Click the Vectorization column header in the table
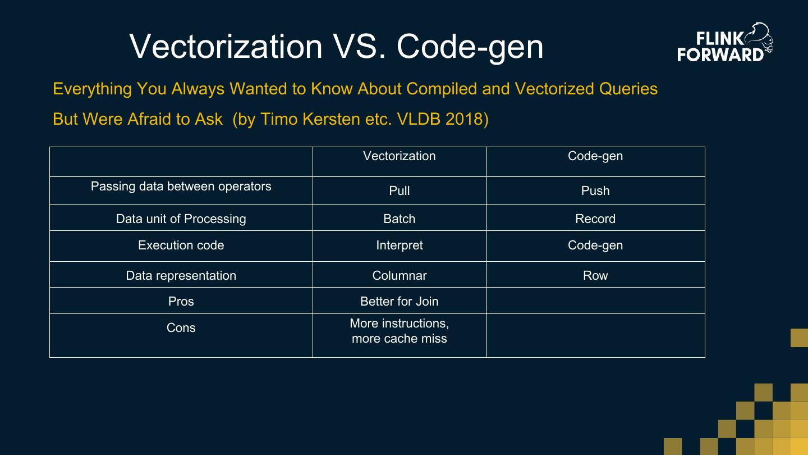click(399, 156)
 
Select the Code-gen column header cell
click(595, 156)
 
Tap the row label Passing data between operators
click(181, 186)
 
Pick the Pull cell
click(399, 191)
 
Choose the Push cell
click(595, 191)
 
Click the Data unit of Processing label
click(181, 219)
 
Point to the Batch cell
click(399, 219)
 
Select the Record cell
click(595, 219)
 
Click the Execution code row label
click(181, 245)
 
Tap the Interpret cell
click(399, 245)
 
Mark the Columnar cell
click(399, 276)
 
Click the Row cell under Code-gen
click(595, 276)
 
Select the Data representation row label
click(181, 276)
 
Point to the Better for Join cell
click(399, 302)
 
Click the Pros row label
click(181, 302)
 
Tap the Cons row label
click(181, 328)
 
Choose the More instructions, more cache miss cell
click(399, 331)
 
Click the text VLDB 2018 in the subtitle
click(442, 119)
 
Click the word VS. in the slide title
click(359, 46)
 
